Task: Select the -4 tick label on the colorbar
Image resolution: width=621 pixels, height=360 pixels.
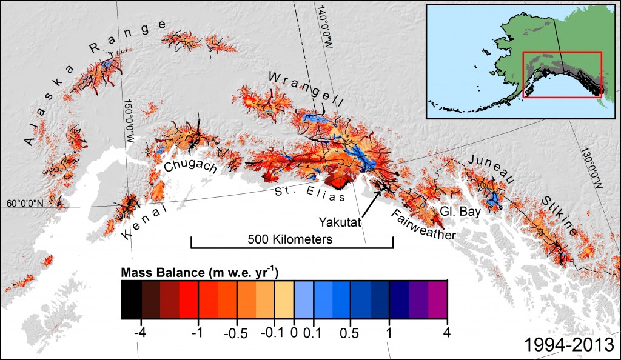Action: tap(141, 332)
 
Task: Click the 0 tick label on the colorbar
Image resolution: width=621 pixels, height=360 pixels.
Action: tap(294, 332)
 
